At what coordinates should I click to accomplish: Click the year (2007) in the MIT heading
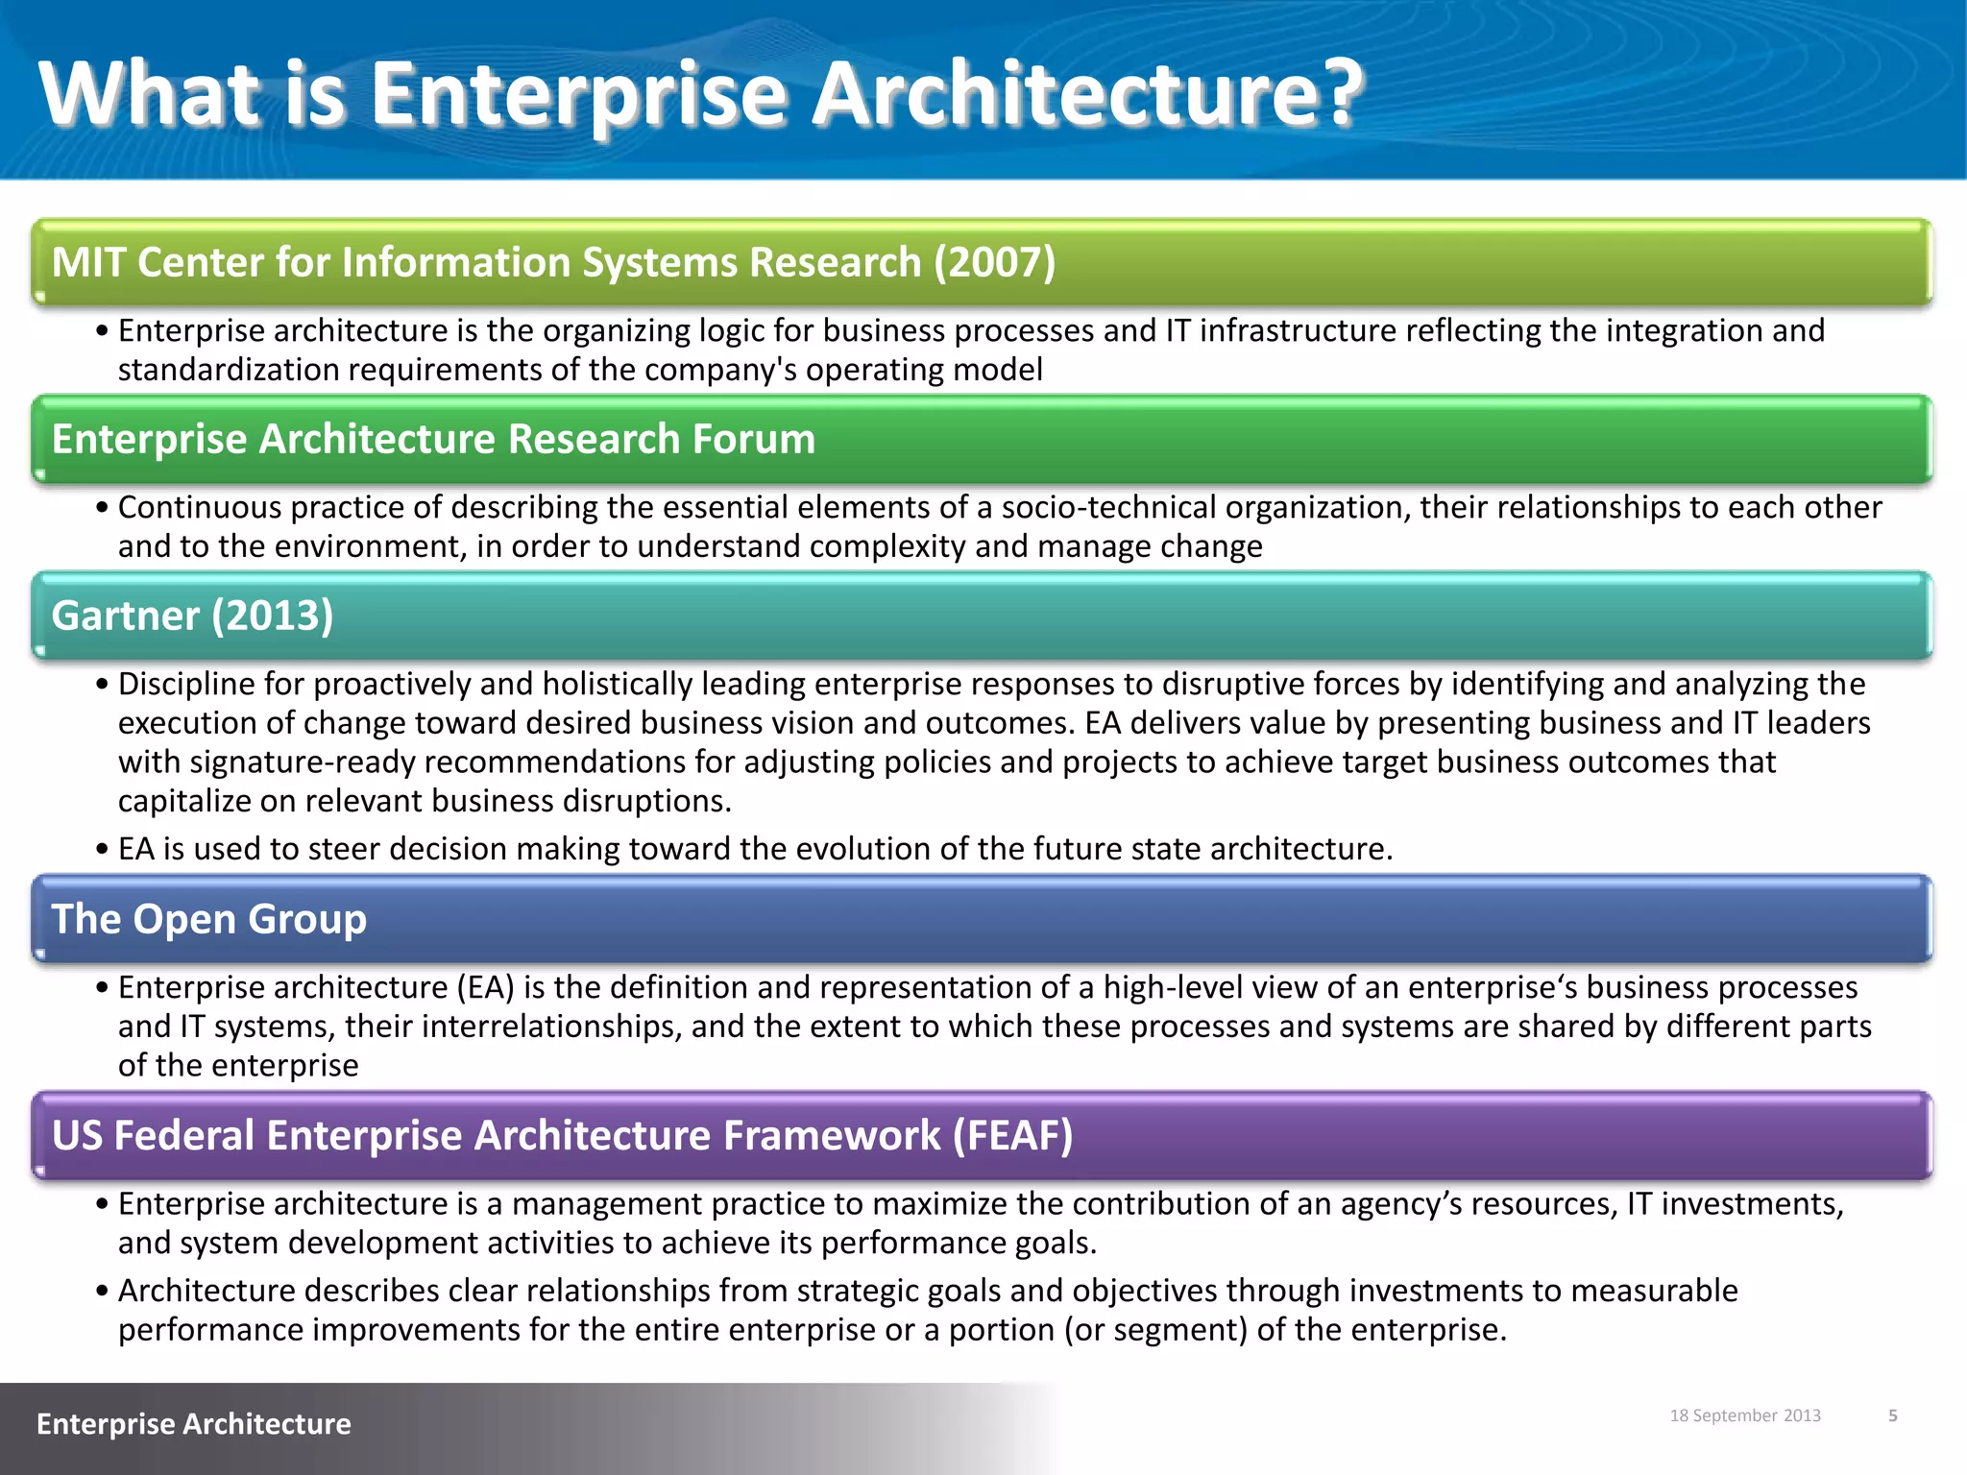[x=995, y=262]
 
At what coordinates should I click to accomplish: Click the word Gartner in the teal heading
[x=125, y=616]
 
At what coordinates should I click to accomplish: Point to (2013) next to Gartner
[x=273, y=616]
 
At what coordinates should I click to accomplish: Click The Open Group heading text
[x=208, y=919]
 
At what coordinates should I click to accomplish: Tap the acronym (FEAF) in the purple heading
[x=1012, y=1135]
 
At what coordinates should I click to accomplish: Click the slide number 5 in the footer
[x=1893, y=1415]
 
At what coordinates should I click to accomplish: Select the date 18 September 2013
[x=1745, y=1415]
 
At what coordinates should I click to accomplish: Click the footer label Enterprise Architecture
[x=193, y=1423]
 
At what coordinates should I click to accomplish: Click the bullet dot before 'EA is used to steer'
[x=102, y=850]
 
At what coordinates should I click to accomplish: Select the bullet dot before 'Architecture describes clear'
[x=102, y=1292]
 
